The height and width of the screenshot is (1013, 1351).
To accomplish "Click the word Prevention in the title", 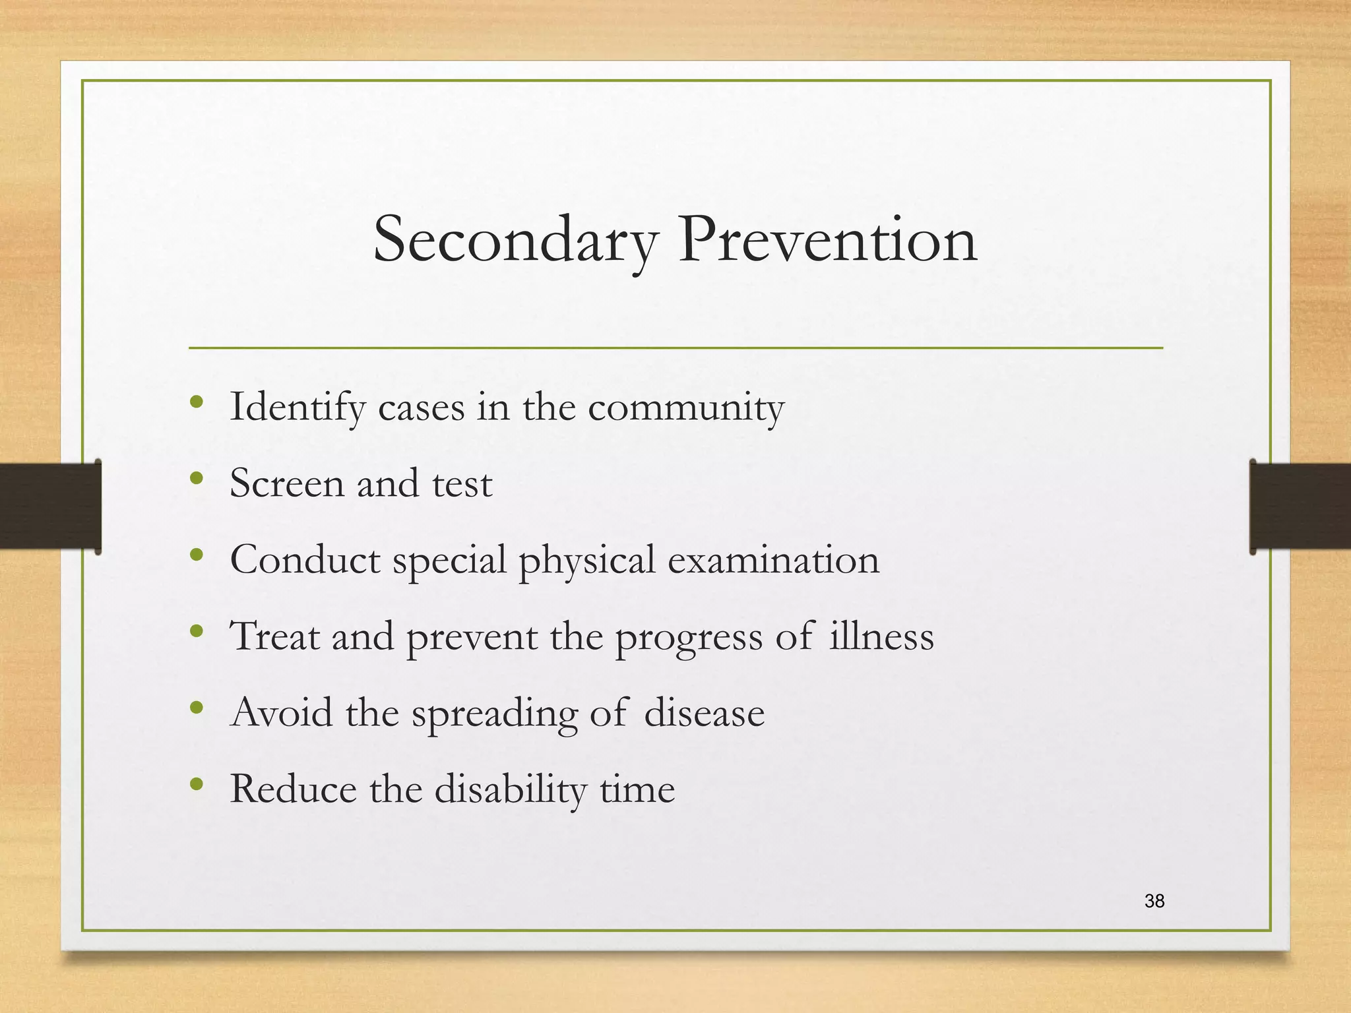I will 827,240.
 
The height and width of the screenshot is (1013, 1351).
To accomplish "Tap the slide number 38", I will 1154,901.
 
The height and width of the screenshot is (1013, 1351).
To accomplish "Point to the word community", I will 686,408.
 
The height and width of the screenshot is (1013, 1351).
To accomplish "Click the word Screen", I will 287,483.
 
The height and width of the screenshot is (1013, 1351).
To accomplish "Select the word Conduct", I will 305,560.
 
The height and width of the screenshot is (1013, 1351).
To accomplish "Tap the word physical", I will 586,561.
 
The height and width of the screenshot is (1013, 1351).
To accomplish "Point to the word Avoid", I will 282,713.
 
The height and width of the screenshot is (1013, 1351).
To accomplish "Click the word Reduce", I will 294,789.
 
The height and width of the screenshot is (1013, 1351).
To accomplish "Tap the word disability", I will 511,790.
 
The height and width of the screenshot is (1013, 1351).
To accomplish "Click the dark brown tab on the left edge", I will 49,506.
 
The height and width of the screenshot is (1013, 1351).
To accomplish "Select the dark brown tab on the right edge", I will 1300,506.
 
